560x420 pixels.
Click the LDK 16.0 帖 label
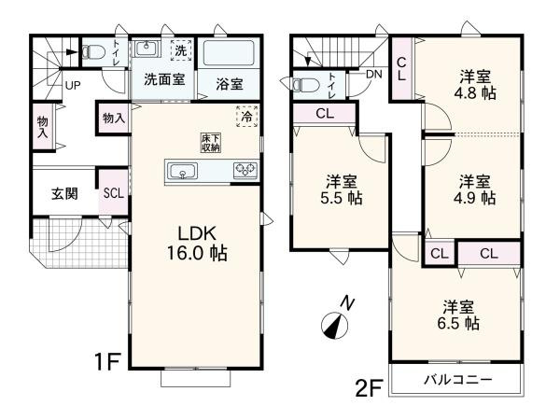click(x=198, y=242)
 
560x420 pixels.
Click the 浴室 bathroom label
click(x=230, y=84)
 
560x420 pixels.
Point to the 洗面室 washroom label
click(x=162, y=80)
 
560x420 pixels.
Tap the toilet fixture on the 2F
click(x=306, y=85)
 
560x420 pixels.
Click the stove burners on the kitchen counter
click(x=247, y=170)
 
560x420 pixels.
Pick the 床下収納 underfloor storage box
click(x=210, y=142)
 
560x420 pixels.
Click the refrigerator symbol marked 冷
click(x=247, y=118)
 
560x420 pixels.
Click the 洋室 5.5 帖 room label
click(x=342, y=189)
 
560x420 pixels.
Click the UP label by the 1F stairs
click(x=72, y=86)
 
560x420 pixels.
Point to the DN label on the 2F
click(x=373, y=74)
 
